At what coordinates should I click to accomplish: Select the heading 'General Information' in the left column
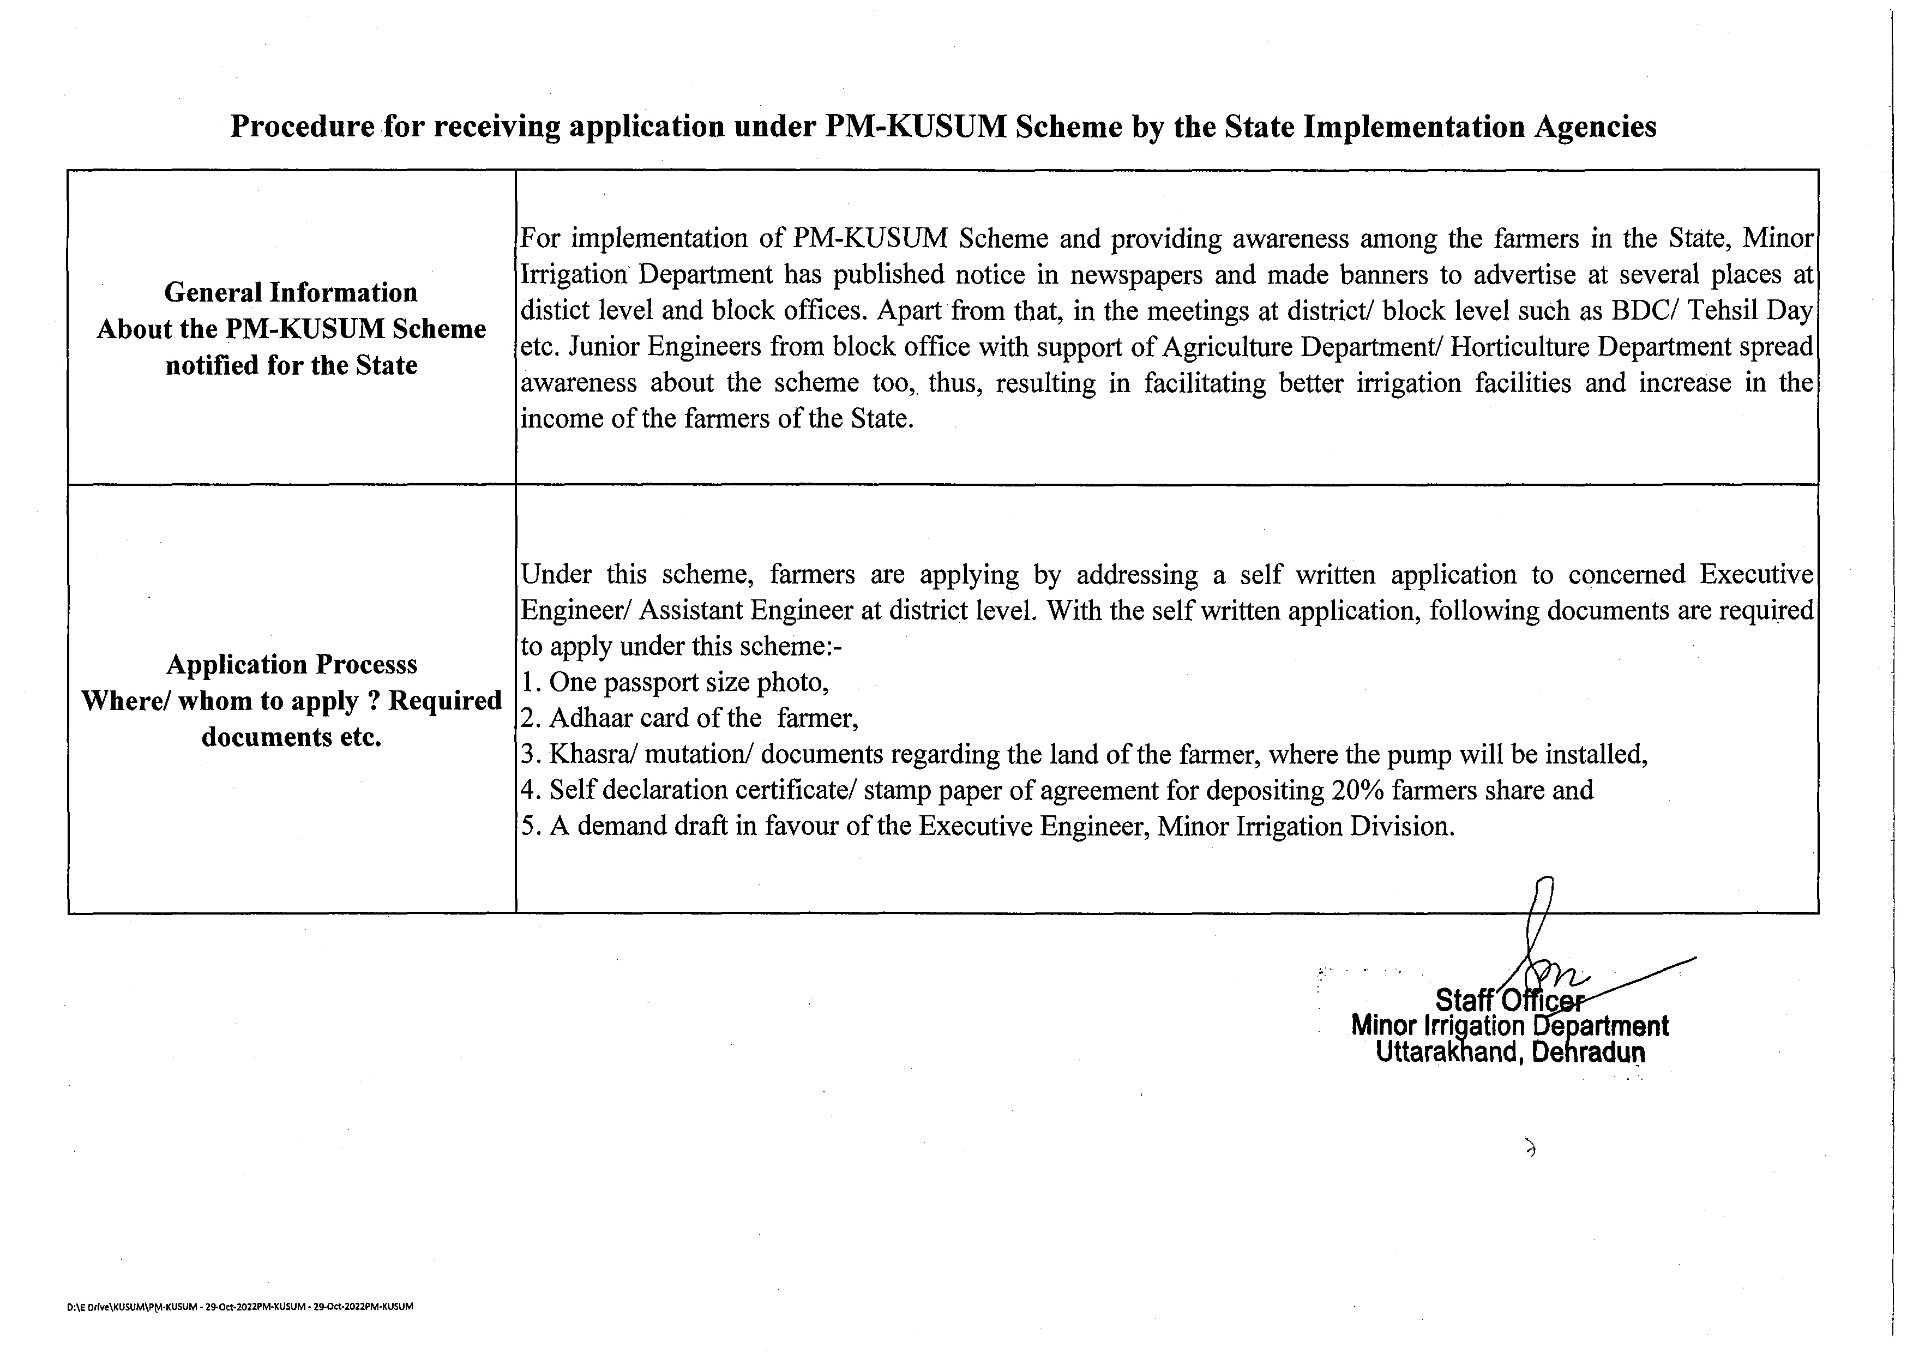291,292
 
